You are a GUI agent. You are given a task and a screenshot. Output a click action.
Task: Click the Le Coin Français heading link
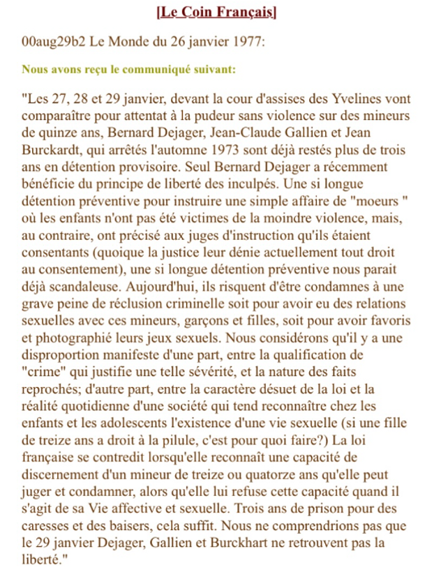[x=216, y=11]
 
